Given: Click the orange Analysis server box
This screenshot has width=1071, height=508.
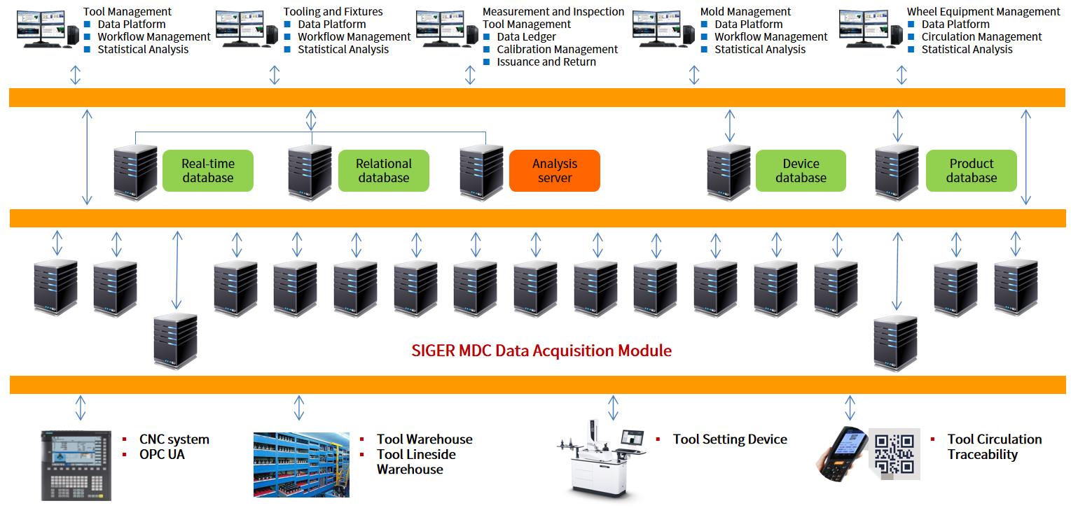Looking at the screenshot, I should (x=554, y=171).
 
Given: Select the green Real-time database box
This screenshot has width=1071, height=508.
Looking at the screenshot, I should (x=207, y=171).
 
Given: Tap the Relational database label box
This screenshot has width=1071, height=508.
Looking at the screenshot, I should (x=383, y=171).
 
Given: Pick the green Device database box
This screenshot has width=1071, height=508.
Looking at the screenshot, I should (x=801, y=171).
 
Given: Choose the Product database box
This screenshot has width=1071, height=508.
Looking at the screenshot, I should (x=971, y=171).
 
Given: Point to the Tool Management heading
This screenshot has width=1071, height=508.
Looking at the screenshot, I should (x=127, y=11).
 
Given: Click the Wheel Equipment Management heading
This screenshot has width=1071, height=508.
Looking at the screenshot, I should (x=983, y=11).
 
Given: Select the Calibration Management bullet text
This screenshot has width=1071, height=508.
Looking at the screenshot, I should (x=557, y=49).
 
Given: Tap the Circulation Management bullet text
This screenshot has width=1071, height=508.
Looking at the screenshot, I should (x=981, y=36).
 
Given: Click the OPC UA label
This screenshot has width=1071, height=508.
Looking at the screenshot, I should (x=162, y=454).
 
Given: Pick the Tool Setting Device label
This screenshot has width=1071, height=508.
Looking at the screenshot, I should (x=730, y=439).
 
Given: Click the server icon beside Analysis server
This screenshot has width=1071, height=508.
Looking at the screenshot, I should (x=481, y=172).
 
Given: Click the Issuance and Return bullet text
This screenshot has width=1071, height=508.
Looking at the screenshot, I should (x=546, y=62).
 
